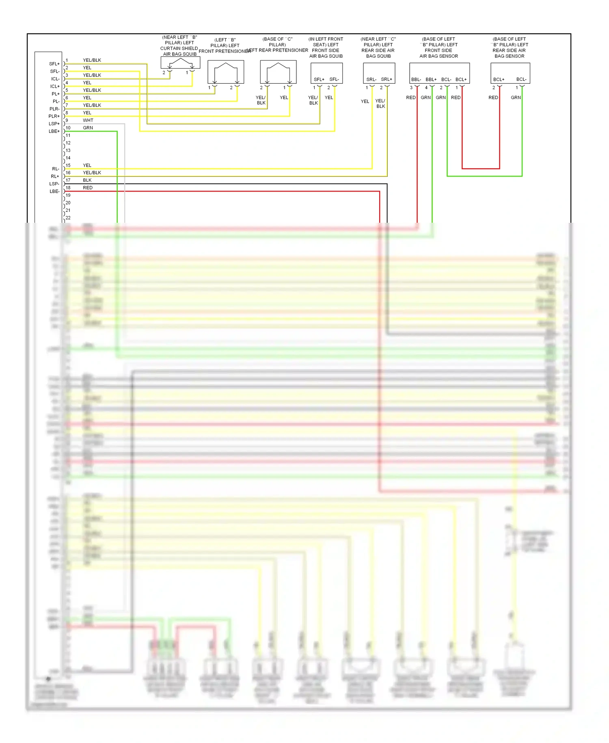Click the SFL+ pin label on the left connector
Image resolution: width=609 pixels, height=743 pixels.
coord(54,64)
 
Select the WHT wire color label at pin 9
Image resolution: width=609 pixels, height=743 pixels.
coord(88,120)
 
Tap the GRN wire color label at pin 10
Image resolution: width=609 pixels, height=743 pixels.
coord(88,128)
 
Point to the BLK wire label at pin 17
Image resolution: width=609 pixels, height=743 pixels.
coord(87,180)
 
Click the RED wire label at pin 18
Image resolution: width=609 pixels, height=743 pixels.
coord(88,188)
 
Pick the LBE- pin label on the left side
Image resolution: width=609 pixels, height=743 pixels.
coord(54,191)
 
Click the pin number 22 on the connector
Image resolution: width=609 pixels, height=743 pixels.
coord(68,218)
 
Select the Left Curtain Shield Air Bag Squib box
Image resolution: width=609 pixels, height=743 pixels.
coord(180,63)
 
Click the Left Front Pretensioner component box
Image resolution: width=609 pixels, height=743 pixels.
coord(226,72)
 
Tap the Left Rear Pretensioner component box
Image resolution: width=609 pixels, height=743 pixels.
coord(278,72)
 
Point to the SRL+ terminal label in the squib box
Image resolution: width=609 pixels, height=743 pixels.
coord(387,79)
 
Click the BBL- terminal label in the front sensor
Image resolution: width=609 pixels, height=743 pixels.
coord(416,79)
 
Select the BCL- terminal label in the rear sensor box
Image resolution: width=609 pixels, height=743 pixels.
coord(521,79)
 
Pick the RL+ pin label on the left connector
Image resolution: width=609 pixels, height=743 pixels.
coord(55,176)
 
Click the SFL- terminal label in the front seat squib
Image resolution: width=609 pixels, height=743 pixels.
coord(334,79)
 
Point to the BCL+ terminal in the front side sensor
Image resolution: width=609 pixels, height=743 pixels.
coord(461,79)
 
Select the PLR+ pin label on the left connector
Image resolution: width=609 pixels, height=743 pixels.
coord(54,116)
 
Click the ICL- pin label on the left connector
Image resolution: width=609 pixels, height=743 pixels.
coord(55,79)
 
